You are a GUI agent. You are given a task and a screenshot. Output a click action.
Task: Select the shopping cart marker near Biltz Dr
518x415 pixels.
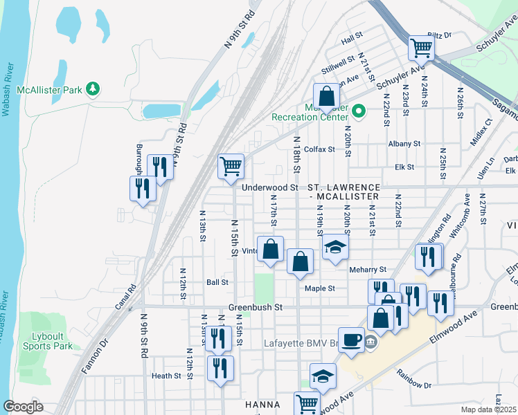tap(420, 48)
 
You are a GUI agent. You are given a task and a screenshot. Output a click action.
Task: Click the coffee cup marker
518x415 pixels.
tap(351, 340)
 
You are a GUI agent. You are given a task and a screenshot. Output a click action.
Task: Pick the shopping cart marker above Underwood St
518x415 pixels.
tap(231, 167)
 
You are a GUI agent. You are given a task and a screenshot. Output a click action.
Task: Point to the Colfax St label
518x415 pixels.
tap(319, 149)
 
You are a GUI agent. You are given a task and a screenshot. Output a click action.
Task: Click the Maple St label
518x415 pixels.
tap(320, 288)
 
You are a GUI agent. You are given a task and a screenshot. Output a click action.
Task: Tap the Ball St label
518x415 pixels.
tap(217, 282)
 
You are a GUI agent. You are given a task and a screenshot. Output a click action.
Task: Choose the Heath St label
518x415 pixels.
tap(166, 376)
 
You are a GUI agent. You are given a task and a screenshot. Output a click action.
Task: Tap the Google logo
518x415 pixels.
tap(23, 407)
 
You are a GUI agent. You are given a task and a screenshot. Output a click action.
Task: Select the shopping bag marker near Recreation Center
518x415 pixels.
tap(326, 96)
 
